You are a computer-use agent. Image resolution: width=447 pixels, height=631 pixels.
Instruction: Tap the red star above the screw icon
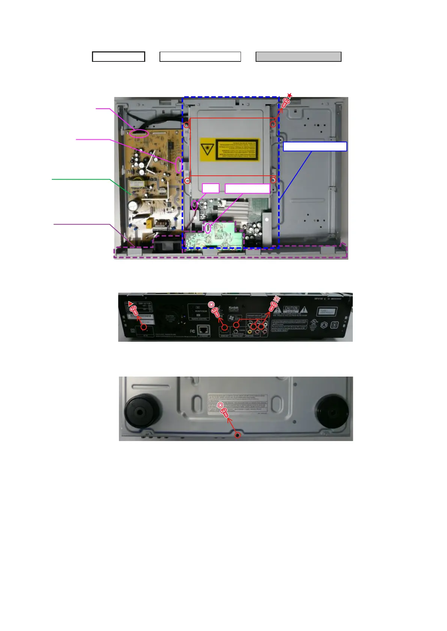pos(289,96)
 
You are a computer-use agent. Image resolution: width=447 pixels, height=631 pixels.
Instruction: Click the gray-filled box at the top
pos(298,57)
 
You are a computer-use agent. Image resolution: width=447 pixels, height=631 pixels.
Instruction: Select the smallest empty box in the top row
pos(119,57)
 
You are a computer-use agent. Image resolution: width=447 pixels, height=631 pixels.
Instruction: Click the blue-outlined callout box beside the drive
pos(315,147)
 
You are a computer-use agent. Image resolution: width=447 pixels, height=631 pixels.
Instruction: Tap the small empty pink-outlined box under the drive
pos(211,188)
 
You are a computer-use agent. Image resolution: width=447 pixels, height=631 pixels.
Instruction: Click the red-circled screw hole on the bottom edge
pos(238,435)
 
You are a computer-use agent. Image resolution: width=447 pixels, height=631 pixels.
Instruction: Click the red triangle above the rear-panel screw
pos(130,303)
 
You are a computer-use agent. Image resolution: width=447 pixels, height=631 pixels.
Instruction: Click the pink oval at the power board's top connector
pos(139,133)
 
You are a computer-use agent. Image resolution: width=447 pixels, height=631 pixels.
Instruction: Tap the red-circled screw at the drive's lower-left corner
pos(187,181)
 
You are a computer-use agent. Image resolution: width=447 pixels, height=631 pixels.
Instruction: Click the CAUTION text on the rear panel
pos(291,308)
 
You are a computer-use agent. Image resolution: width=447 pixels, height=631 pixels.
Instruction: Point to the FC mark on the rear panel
pos(193,331)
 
